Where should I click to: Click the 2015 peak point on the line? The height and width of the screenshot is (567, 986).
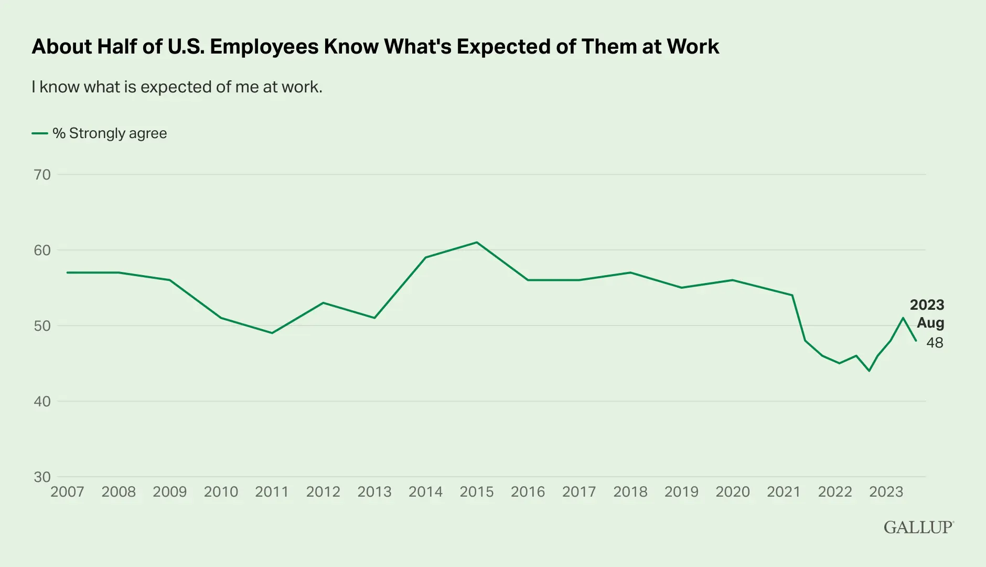(477, 243)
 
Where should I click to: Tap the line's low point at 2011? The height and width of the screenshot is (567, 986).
(272, 333)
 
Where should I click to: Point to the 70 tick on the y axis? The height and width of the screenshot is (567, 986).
(42, 175)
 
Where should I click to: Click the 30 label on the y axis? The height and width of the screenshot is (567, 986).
(42, 477)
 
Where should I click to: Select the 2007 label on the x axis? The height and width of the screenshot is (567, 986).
(67, 492)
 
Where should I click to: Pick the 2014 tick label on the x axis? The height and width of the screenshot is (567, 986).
(425, 492)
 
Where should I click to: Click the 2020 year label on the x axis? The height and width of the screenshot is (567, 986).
(733, 492)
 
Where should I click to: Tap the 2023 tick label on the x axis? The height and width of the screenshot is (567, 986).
(886, 492)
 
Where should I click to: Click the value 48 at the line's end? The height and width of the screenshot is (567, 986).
(935, 343)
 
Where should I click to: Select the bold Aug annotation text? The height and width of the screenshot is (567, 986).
(930, 323)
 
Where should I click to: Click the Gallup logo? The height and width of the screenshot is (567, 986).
(918, 527)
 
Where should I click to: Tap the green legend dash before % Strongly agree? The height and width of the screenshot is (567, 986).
(40, 134)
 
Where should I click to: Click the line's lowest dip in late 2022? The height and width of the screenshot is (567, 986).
(869, 371)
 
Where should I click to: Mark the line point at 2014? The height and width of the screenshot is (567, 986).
(425, 258)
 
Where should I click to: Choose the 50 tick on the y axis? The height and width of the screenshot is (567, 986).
(42, 326)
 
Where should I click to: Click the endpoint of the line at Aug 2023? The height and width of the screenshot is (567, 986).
(916, 341)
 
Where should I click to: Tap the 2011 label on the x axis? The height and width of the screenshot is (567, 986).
(272, 492)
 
